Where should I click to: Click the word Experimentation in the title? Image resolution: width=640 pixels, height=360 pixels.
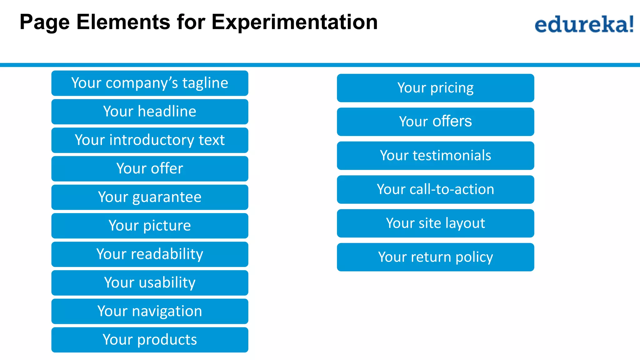click(x=294, y=22)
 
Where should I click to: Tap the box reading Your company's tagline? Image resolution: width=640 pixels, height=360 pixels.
click(x=150, y=83)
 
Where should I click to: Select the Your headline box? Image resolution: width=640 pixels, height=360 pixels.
click(x=150, y=112)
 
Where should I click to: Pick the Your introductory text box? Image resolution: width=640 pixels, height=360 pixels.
click(x=150, y=140)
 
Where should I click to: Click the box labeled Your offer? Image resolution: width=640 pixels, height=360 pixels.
click(x=150, y=169)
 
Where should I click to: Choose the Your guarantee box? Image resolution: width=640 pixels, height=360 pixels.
click(x=150, y=197)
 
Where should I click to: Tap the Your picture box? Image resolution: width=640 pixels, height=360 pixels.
click(x=150, y=226)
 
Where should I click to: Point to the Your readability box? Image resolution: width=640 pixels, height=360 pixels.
click(x=150, y=254)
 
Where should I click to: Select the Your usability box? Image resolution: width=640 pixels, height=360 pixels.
click(x=150, y=283)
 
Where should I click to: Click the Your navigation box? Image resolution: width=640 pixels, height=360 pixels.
click(x=150, y=311)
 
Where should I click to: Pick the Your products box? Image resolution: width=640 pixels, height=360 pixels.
click(x=150, y=340)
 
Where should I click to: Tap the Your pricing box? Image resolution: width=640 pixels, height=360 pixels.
click(x=435, y=88)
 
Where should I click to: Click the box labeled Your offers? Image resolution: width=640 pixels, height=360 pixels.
click(x=435, y=122)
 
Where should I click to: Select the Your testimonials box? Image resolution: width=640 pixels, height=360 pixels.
click(x=435, y=156)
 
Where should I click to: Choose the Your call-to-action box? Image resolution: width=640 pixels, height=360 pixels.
click(x=435, y=189)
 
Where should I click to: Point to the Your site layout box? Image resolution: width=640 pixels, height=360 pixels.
click(x=435, y=223)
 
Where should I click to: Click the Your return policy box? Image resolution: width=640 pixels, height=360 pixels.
click(x=435, y=257)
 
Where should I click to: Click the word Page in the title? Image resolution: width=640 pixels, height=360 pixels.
click(x=44, y=22)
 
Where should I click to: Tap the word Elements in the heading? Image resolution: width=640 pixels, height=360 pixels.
click(x=123, y=22)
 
